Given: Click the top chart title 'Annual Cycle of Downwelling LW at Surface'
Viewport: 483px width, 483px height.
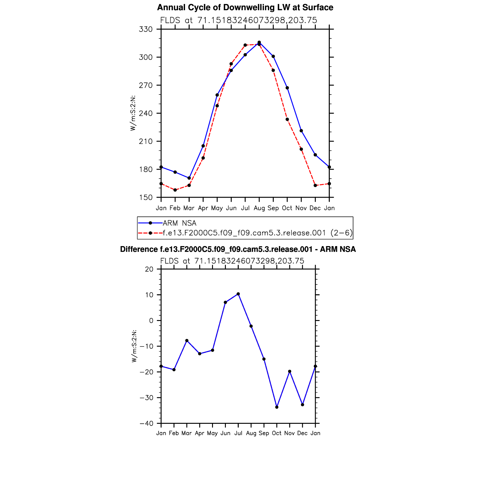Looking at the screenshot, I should [x=245, y=7].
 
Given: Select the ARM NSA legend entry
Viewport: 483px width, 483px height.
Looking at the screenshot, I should [x=180, y=223].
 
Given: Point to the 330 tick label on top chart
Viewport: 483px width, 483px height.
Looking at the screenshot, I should [x=146, y=29].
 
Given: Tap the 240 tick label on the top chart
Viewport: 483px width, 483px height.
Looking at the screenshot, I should [x=146, y=114].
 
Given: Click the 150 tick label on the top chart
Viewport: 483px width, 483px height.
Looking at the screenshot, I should [x=146, y=198].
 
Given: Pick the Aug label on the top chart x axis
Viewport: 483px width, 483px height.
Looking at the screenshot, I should [x=259, y=208].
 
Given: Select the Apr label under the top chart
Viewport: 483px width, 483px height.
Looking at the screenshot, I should [x=203, y=208].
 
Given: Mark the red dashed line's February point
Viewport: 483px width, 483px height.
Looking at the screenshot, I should [x=175, y=190].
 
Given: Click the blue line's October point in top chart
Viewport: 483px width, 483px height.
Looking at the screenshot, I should [x=287, y=88].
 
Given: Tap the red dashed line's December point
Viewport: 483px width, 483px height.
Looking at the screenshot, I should [x=315, y=185].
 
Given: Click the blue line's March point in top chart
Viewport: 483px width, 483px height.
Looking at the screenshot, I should [x=189, y=178].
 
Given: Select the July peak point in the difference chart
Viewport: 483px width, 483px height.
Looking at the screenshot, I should [x=238, y=294].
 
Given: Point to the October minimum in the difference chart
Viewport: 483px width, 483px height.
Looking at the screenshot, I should [x=277, y=407].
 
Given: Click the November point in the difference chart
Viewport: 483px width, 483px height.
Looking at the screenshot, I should [x=290, y=372].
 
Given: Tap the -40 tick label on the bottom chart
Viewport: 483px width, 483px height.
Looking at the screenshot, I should [x=146, y=423].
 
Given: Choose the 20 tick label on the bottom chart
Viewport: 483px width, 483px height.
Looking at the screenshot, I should [x=149, y=269].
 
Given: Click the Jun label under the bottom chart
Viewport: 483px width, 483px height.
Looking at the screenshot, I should [x=225, y=433].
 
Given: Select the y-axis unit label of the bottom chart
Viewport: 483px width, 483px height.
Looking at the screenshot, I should [x=134, y=346].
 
